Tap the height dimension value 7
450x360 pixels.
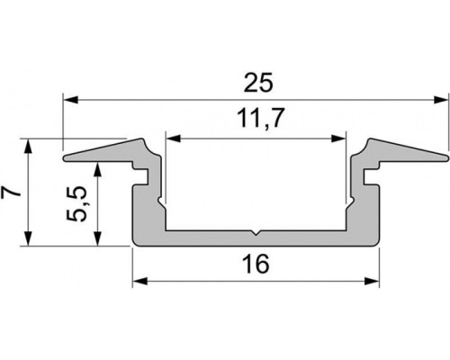[12, 191]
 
